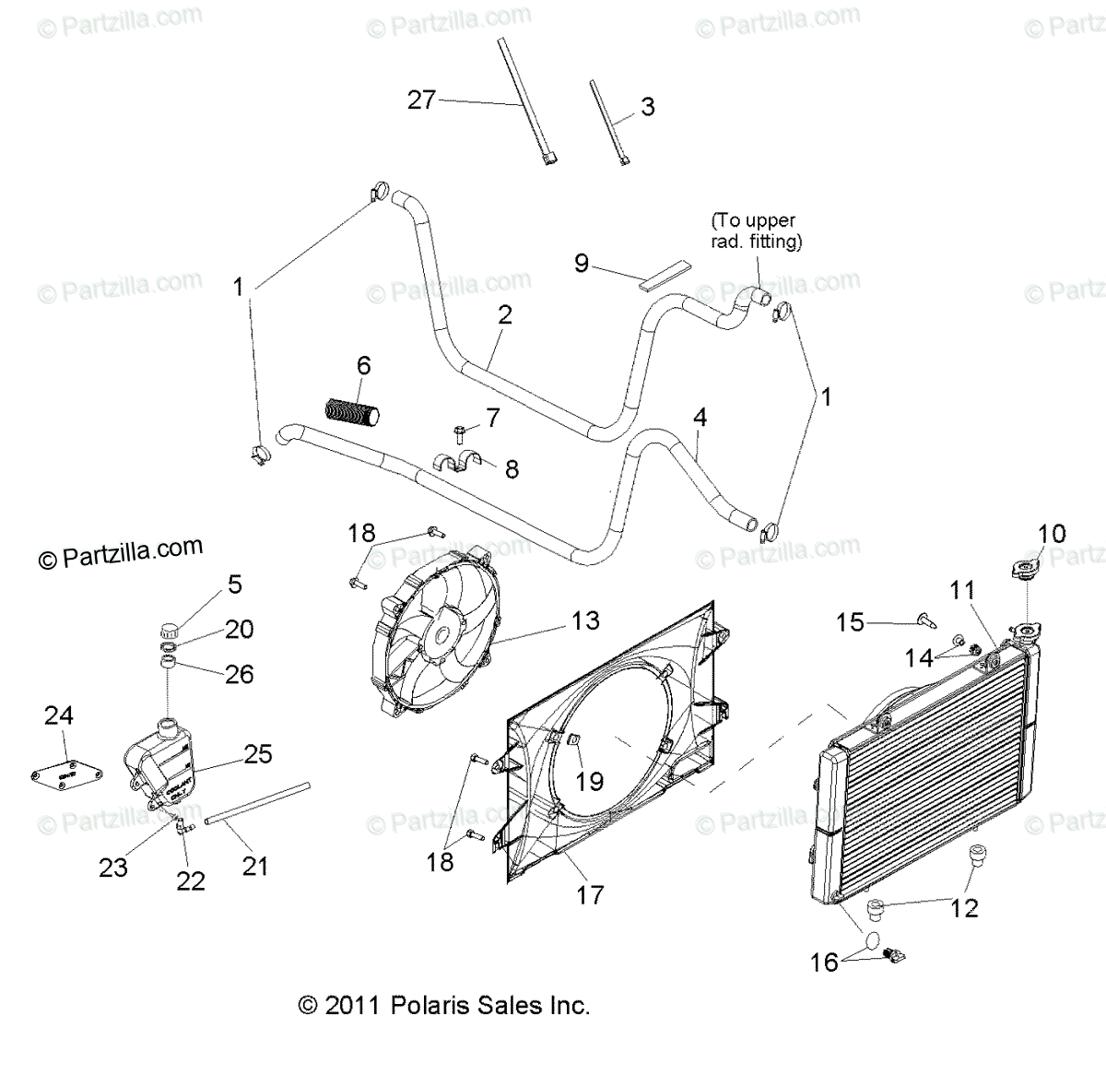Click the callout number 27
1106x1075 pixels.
coord(421,100)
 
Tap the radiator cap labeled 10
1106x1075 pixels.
coord(1026,571)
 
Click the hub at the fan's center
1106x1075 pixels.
coord(441,635)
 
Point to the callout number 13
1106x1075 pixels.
coord(586,620)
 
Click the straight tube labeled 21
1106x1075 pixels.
coord(257,802)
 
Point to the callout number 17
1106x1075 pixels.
coord(590,893)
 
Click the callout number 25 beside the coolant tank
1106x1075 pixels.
coord(258,753)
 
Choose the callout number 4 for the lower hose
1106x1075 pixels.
coord(700,417)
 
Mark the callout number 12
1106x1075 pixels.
coord(964,907)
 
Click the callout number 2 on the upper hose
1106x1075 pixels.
coord(504,314)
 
